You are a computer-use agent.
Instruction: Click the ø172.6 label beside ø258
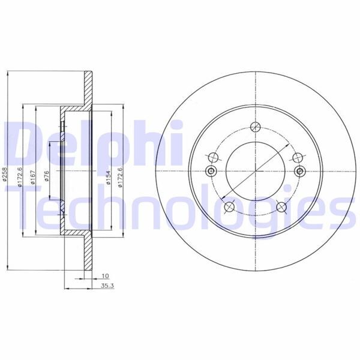(x=19, y=177)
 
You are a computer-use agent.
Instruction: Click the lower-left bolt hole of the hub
(x=228, y=208)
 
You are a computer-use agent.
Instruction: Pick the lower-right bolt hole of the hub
(x=281, y=208)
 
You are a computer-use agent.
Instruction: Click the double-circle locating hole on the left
(x=211, y=172)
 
